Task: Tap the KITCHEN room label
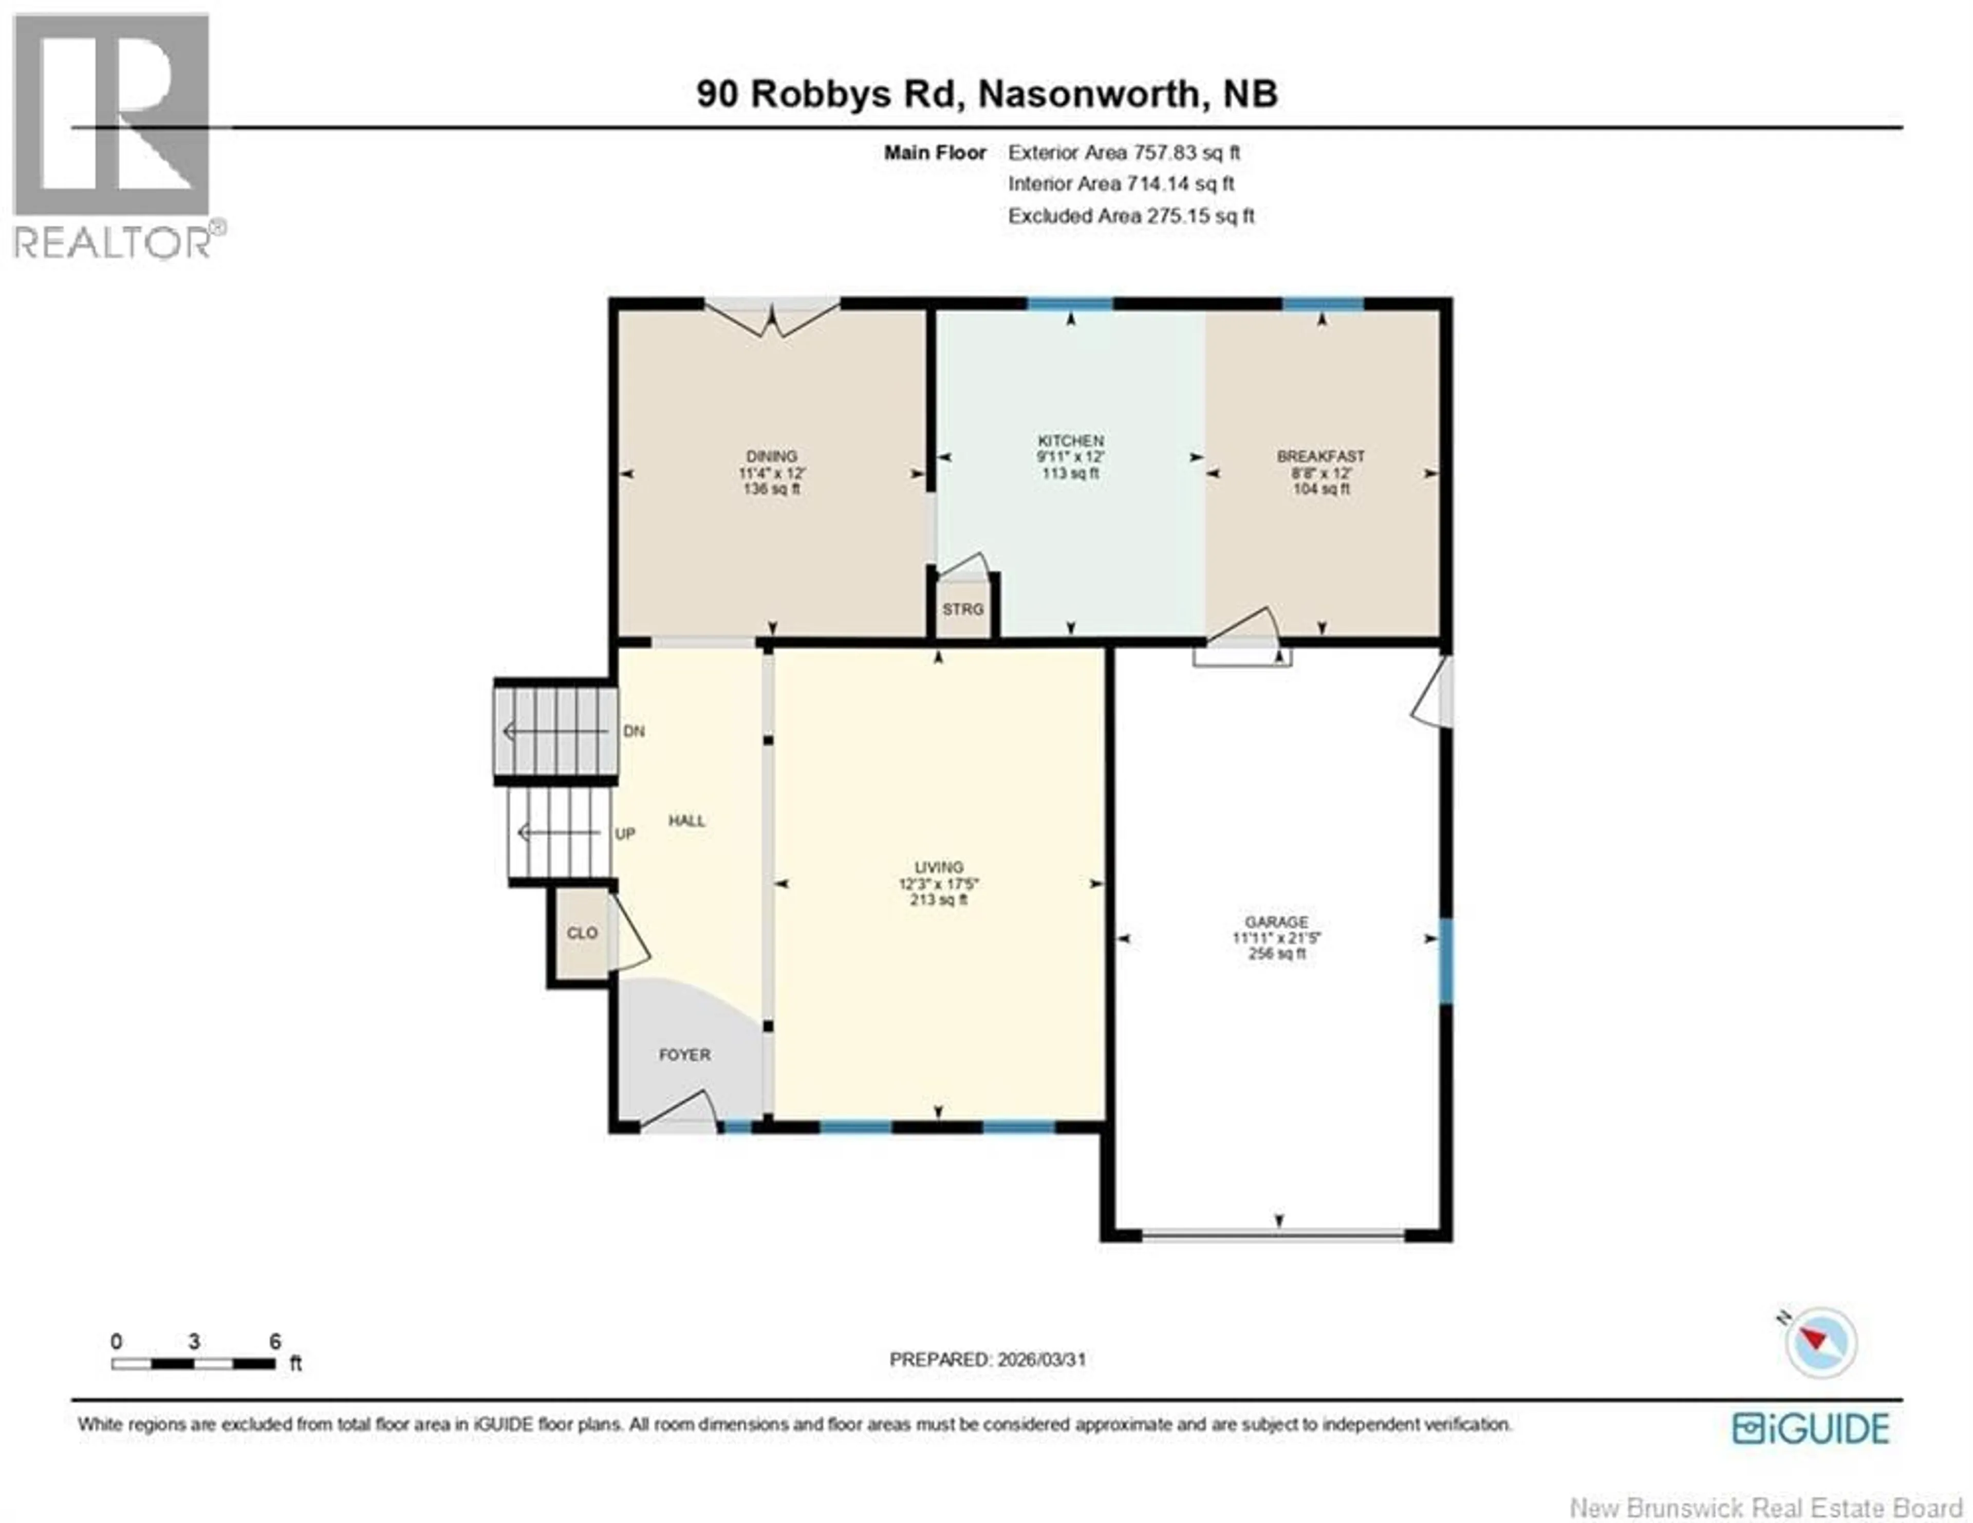pos(1071,441)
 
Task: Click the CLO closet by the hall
pos(582,933)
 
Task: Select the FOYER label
pos(684,1055)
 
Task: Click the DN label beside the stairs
pos(634,731)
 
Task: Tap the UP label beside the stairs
pos(625,834)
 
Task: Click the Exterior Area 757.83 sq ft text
pos(1124,153)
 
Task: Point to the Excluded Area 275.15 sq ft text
pos(1131,216)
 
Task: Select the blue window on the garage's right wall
pos(1445,961)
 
